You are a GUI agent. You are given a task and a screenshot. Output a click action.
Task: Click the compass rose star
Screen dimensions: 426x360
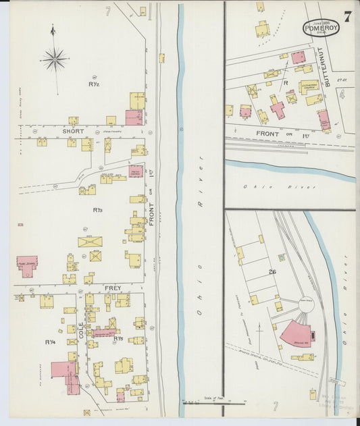click(54, 59)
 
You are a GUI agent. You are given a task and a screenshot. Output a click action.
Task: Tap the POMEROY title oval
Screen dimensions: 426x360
click(321, 28)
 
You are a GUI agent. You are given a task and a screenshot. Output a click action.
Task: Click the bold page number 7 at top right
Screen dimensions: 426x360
click(346, 17)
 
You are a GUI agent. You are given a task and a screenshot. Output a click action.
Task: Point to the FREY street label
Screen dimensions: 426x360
click(112, 288)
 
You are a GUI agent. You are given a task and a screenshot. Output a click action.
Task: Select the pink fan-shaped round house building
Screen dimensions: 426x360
click(296, 334)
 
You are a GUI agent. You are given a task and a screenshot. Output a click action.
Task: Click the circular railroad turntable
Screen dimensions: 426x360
click(306, 304)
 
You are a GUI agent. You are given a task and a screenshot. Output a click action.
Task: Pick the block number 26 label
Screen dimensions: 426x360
click(272, 272)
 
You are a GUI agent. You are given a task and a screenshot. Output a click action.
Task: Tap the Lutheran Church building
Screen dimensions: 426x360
click(309, 87)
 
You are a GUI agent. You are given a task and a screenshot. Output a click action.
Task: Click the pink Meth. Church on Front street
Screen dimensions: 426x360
click(136, 171)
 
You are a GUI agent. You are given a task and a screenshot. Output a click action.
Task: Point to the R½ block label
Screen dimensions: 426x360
click(95, 84)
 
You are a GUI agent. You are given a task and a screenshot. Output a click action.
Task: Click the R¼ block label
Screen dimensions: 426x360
click(50, 342)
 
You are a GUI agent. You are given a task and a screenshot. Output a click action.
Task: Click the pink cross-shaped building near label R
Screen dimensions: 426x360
click(277, 107)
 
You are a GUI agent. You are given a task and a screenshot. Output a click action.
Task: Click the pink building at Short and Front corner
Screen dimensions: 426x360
click(134, 117)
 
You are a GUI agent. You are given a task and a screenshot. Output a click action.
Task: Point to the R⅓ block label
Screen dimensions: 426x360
click(98, 210)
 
